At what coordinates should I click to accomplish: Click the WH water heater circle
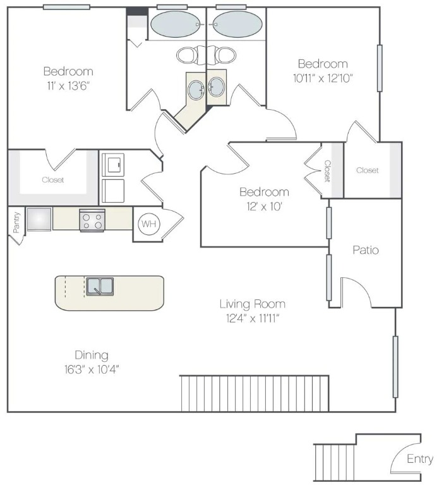148,224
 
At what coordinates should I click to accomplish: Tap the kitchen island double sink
100,286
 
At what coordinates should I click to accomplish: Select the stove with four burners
92,220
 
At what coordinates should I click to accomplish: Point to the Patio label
365,250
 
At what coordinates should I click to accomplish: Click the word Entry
420,459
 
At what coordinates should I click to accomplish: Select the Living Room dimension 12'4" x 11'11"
252,318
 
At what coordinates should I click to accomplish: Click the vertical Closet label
327,171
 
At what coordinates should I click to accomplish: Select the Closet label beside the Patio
367,171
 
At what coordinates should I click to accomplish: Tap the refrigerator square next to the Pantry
39,219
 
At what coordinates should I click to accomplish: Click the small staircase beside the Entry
335,462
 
